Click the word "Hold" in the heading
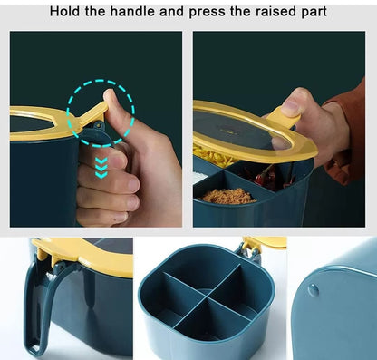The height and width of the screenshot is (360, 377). click(64, 12)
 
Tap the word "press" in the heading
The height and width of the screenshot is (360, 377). click(208, 13)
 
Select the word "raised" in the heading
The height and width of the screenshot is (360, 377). click(275, 12)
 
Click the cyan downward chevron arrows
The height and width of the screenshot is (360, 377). click(101, 168)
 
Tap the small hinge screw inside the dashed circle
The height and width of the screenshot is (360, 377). click(99, 124)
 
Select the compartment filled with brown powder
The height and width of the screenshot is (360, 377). click(227, 196)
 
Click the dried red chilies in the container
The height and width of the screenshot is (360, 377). click(266, 178)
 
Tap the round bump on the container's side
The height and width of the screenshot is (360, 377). click(314, 290)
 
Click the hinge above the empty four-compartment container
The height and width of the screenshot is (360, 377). click(250, 249)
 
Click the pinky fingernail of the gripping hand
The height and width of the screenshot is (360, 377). click(121, 217)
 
